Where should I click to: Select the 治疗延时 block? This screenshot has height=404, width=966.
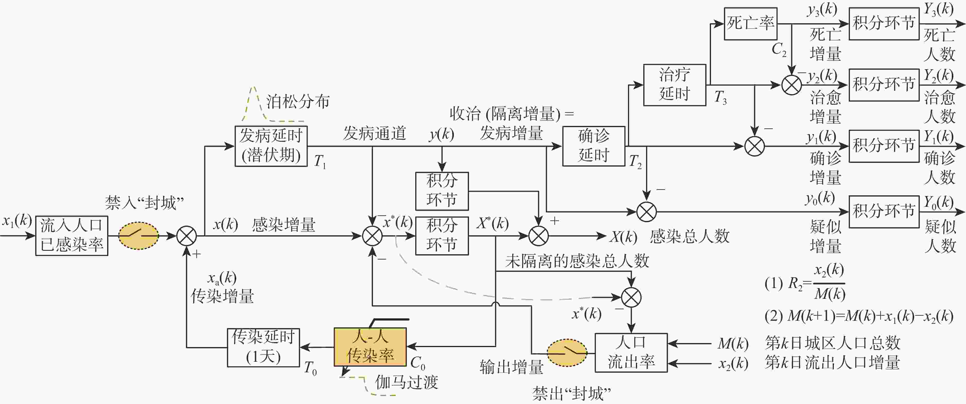pyautogui.click(x=674, y=85)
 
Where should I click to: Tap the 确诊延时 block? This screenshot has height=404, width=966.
pyautogui.click(x=593, y=146)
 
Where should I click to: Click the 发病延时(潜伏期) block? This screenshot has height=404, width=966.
pyautogui.click(x=271, y=146)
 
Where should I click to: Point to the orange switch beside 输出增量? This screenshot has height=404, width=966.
pyautogui.click(x=567, y=353)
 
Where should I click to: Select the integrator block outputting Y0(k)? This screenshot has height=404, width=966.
pyautogui.click(x=884, y=211)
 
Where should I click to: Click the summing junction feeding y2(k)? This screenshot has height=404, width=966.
pyautogui.click(x=791, y=85)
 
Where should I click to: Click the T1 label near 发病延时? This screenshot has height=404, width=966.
pyautogui.click(x=319, y=161)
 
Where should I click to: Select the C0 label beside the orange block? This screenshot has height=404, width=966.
pyautogui.click(x=417, y=363)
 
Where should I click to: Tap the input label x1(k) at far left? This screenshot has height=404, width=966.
pyautogui.click(x=17, y=221)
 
